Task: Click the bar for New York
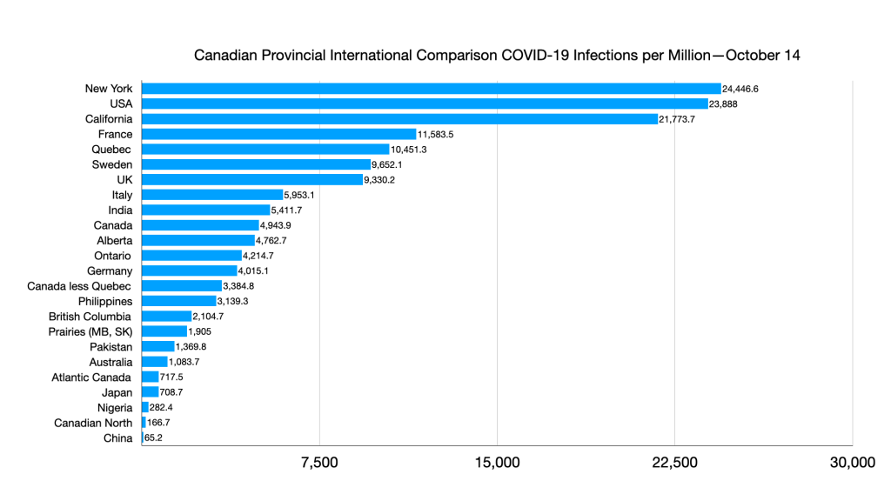click(x=431, y=89)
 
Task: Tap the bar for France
click(x=278, y=134)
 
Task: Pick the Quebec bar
click(x=265, y=149)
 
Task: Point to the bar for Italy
click(x=212, y=195)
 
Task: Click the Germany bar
click(x=189, y=271)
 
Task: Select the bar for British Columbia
click(x=166, y=317)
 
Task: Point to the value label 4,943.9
click(x=278, y=225)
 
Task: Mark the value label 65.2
click(x=153, y=438)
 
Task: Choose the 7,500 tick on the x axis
click(x=319, y=463)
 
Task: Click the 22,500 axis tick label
click(x=674, y=463)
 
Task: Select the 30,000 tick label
click(x=852, y=463)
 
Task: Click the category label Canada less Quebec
click(x=79, y=286)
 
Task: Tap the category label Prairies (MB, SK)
click(x=90, y=331)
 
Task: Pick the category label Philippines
click(x=104, y=301)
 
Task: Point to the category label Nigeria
click(x=114, y=408)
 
